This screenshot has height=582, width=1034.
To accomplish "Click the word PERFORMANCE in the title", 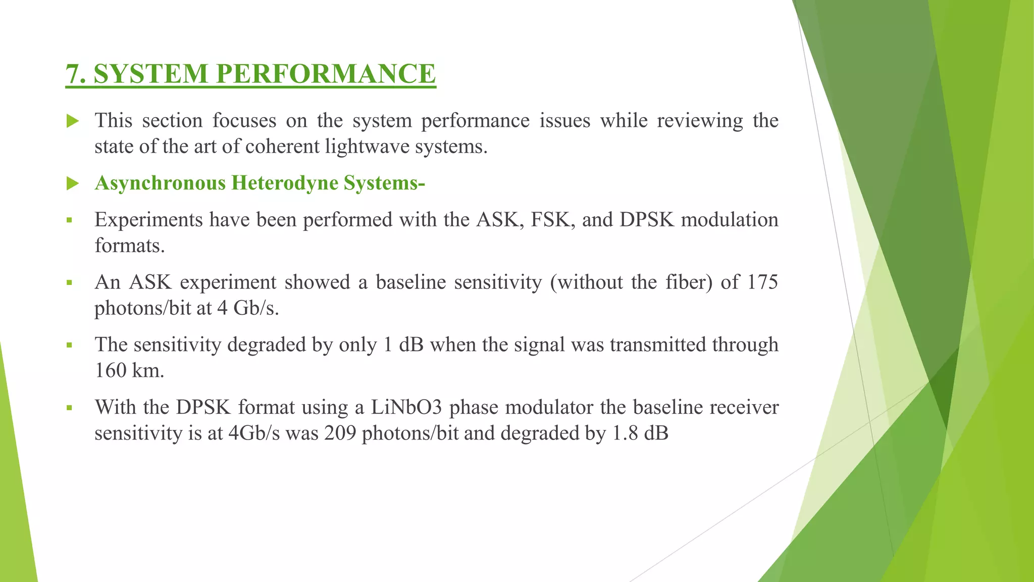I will pos(326,74).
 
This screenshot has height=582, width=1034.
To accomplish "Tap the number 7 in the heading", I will pos(73,74).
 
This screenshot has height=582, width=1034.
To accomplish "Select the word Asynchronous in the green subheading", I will pos(160,183).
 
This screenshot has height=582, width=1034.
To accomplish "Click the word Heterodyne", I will pos(284,183).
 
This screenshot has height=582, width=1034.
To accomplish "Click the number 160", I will pos(110,371).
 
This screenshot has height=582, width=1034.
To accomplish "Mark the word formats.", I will pos(130,246).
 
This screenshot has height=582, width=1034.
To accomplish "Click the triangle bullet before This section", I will pos(73,121).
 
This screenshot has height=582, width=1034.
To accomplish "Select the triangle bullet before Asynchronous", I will pos(73,183).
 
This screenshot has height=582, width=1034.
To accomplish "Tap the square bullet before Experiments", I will pos(69,221).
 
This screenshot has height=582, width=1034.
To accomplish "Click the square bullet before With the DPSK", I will pos(69,408).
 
